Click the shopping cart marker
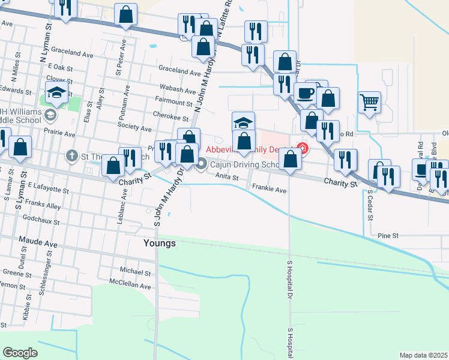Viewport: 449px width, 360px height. click(369, 101)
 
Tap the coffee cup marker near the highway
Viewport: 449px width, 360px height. click(304, 93)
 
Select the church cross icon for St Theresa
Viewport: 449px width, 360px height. click(71, 156)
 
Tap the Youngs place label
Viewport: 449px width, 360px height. click(160, 243)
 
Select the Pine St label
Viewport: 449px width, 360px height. click(388, 236)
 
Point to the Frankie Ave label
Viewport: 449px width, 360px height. click(269, 190)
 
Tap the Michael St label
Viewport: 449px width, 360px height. click(135, 272)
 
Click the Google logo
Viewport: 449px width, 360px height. click(20, 353)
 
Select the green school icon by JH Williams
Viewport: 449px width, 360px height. click(51, 114)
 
